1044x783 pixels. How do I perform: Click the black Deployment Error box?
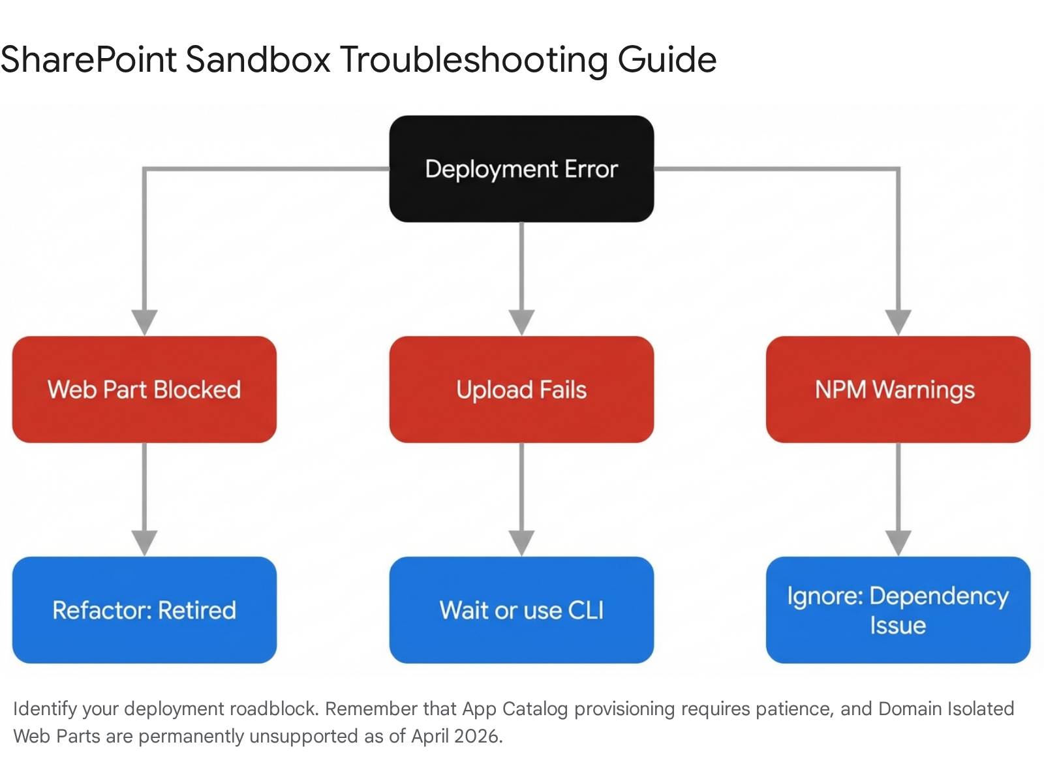click(521, 169)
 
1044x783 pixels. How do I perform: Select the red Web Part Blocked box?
click(145, 390)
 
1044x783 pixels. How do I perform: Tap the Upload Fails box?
click(521, 390)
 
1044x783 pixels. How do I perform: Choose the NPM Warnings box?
click(898, 390)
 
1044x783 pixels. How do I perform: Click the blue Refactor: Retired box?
click(145, 610)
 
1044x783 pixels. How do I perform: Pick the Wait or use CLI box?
click(521, 610)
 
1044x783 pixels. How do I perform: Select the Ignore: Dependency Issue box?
click(898, 610)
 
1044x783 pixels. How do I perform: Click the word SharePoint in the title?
click(89, 59)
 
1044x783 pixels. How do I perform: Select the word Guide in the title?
click(667, 61)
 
